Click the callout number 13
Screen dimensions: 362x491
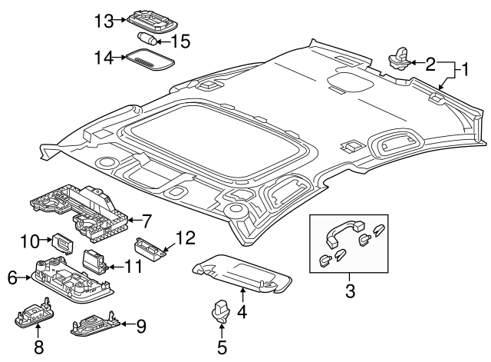pyautogui.click(x=104, y=20)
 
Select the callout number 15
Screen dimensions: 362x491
pyautogui.click(x=180, y=39)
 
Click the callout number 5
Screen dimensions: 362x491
pyautogui.click(x=221, y=347)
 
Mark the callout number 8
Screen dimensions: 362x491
pyautogui.click(x=38, y=347)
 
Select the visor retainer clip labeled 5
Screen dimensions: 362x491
pyautogui.click(x=221, y=310)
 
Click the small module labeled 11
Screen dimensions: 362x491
pyautogui.click(x=95, y=261)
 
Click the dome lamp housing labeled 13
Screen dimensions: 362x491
pyautogui.click(x=147, y=18)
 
